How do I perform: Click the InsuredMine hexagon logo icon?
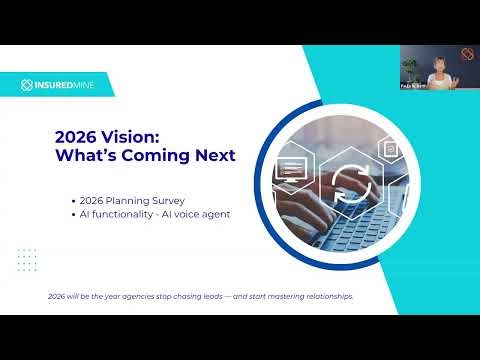point(29,84)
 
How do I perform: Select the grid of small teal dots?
point(27,259)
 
